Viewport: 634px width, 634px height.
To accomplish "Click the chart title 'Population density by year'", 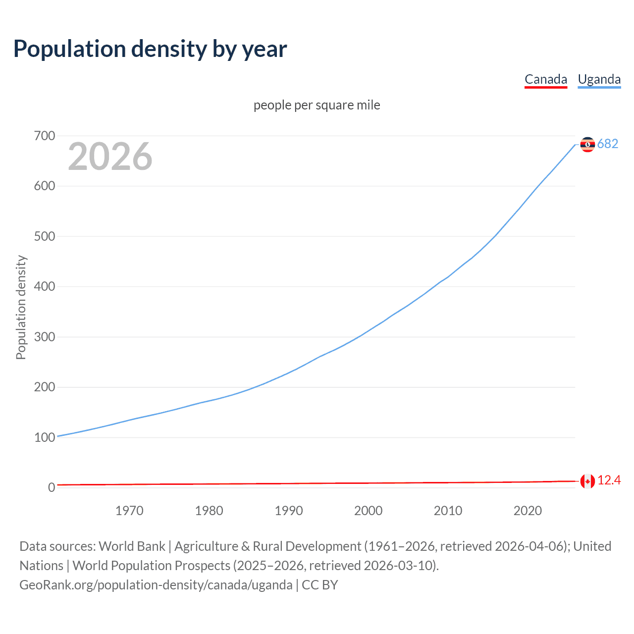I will pyautogui.click(x=150, y=49).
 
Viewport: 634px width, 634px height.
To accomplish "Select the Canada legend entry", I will pyautogui.click(x=545, y=79).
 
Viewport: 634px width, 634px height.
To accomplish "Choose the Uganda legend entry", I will pyautogui.click(x=599, y=79).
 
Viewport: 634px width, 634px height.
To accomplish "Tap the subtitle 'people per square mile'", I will pyautogui.click(x=317, y=105).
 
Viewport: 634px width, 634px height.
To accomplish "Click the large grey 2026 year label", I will pyautogui.click(x=110, y=157).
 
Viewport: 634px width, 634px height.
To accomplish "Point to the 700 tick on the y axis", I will pyautogui.click(x=45, y=136).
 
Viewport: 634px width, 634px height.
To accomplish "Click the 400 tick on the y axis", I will pyautogui.click(x=45, y=286).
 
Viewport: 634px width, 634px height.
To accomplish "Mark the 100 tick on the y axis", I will pyautogui.click(x=45, y=437).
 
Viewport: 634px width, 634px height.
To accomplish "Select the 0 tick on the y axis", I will pyautogui.click(x=52, y=487).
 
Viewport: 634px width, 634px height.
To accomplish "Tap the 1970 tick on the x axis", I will pyautogui.click(x=129, y=511).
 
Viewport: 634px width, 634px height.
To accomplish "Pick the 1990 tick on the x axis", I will pyautogui.click(x=289, y=511).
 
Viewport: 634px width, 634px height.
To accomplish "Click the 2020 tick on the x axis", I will pyautogui.click(x=528, y=511).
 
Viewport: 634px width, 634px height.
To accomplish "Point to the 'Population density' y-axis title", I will pyautogui.click(x=21, y=307).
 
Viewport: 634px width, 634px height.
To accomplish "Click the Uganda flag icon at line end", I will pyautogui.click(x=587, y=144).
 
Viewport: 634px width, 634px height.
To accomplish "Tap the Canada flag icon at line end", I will pyautogui.click(x=587, y=481).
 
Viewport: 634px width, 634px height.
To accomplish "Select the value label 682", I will pyautogui.click(x=608, y=144).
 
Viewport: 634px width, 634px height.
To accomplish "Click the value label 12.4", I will pyautogui.click(x=609, y=480).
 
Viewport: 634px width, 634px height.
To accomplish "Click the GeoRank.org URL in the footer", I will pyautogui.click(x=156, y=585).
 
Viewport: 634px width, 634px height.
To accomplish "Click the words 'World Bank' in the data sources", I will pyautogui.click(x=132, y=546).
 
